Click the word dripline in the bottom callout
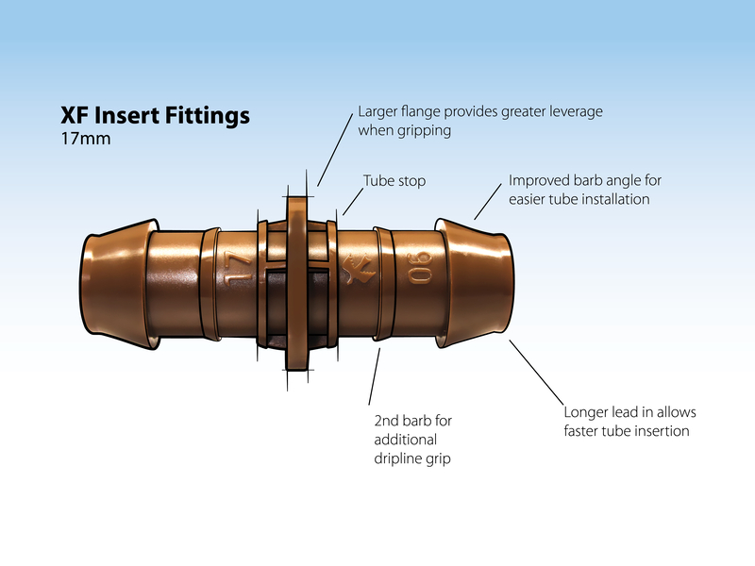click(x=397, y=461)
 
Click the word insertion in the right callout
click(x=661, y=431)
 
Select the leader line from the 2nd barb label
click(x=374, y=377)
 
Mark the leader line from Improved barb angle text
click(x=487, y=201)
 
